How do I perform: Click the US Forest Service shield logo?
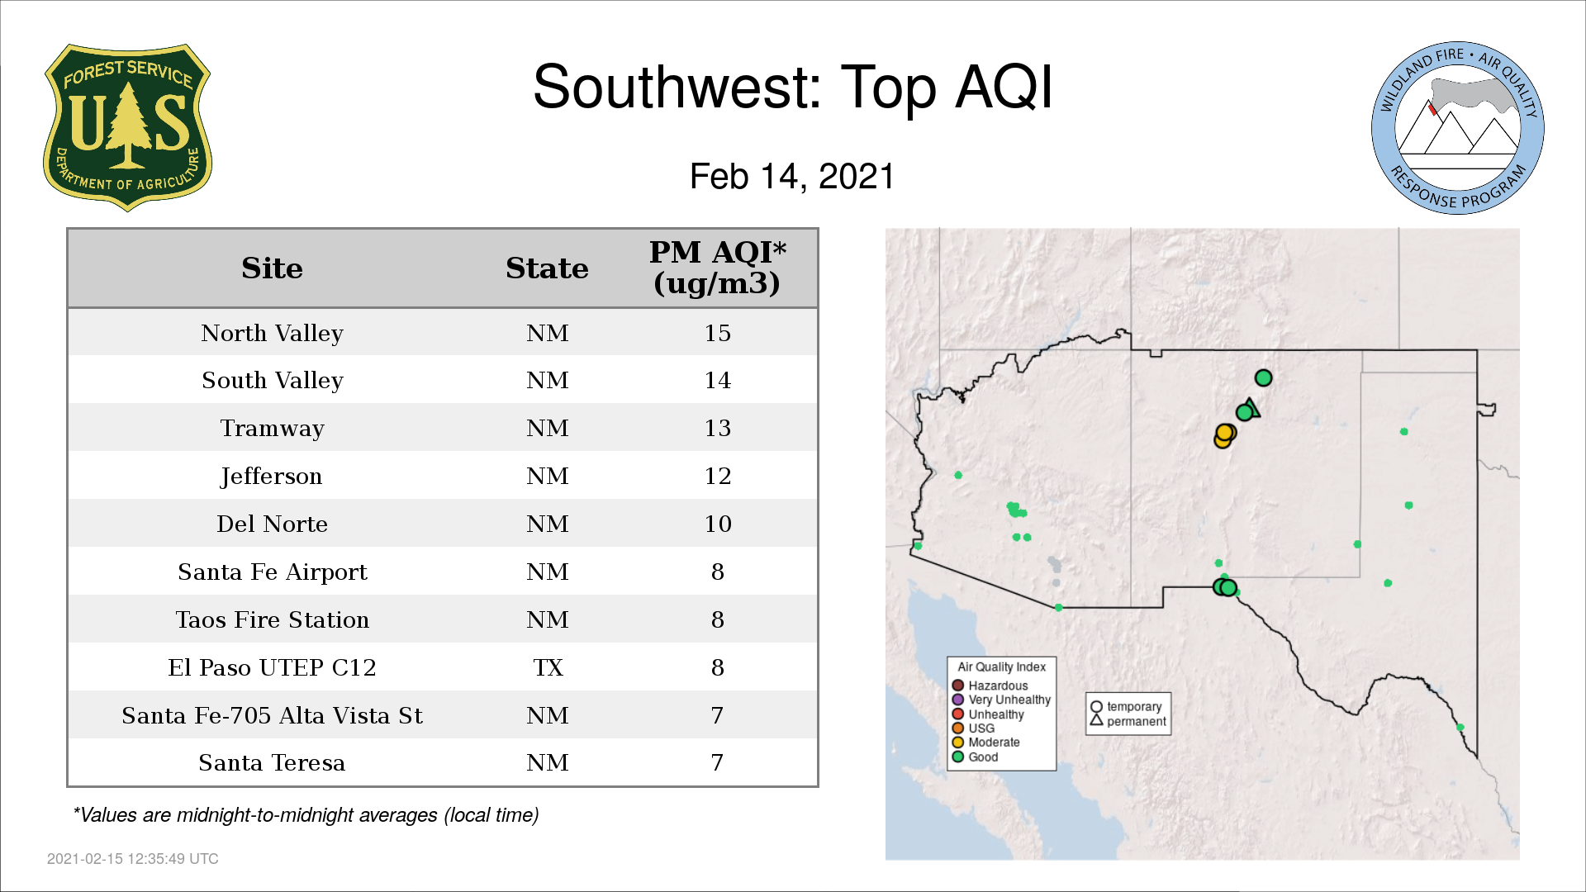127,128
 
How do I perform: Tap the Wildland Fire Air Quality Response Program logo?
1458,128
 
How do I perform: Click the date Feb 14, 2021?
792,177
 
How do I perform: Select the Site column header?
272,268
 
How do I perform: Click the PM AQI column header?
717,268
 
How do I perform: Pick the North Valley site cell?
272,333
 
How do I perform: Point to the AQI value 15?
717,333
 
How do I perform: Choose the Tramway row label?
272,429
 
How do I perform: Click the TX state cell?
548,667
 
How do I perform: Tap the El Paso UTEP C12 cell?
272,667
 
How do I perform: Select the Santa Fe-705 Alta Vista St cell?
272,715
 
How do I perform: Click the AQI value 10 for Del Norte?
717,524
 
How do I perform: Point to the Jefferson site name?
272,477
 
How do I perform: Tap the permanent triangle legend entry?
1128,721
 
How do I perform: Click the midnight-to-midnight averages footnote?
306,815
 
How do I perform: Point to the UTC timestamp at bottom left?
133,859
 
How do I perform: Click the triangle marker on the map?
1251,408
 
